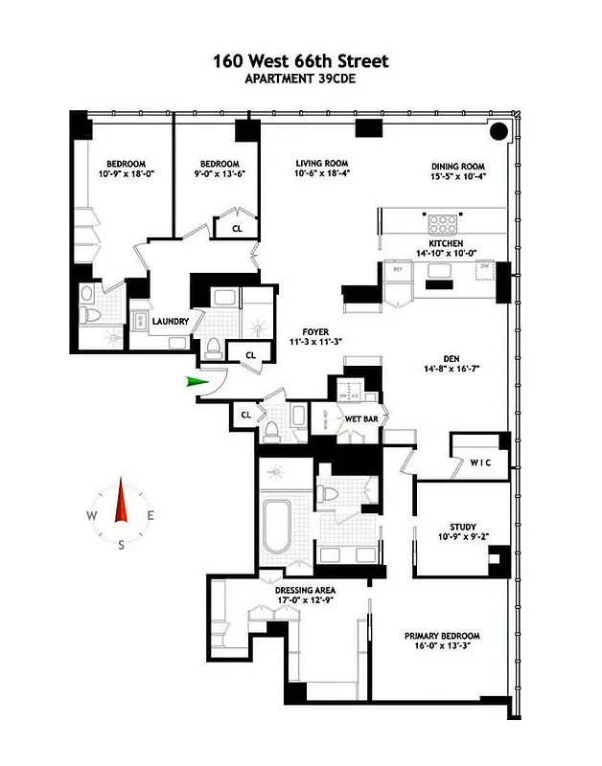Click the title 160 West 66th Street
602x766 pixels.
point(300,61)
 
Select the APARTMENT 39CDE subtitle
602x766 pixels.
point(300,79)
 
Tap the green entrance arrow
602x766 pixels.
point(197,382)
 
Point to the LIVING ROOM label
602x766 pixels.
point(320,164)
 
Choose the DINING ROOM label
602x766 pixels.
point(457,166)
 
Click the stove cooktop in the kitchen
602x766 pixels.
point(442,224)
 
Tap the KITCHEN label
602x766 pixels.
point(447,243)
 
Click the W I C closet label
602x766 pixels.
point(481,463)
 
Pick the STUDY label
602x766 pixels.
point(463,527)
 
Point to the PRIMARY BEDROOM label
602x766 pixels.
point(442,636)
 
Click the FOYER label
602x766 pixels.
point(315,332)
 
